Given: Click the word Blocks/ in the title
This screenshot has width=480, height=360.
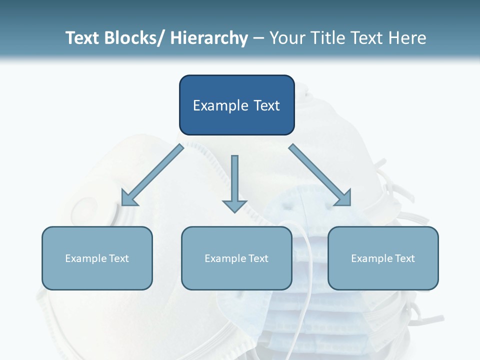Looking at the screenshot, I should pyautogui.click(x=131, y=38).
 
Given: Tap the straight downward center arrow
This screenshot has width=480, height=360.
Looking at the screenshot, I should pyautogui.click(x=234, y=180).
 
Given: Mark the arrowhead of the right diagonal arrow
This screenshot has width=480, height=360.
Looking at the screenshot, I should pyautogui.click(x=343, y=197).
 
